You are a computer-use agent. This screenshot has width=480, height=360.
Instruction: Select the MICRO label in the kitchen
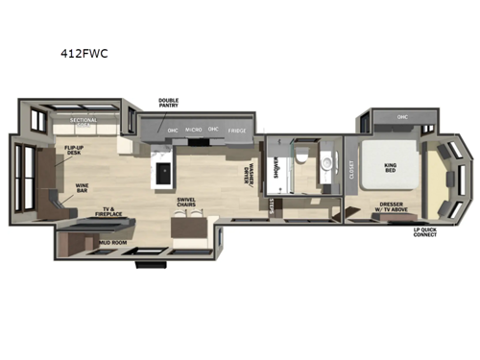(x=193, y=130)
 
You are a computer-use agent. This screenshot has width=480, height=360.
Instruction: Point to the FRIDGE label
(x=235, y=130)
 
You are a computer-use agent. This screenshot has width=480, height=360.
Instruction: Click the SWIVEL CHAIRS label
(x=187, y=203)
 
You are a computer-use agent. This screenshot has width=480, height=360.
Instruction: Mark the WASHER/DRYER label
(x=252, y=174)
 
